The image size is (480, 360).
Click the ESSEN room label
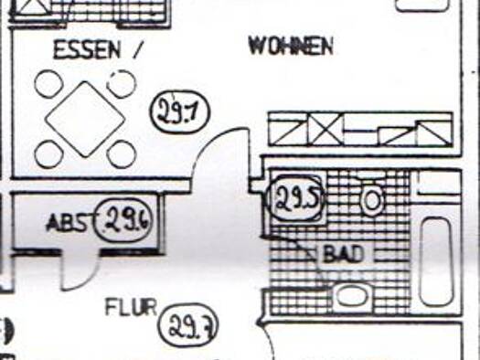click(x=87, y=50)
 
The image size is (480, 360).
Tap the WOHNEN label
click(x=291, y=47)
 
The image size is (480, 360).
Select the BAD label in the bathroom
click(x=343, y=255)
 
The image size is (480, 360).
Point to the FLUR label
click(x=131, y=307)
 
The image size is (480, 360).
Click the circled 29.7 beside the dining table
click(x=181, y=112)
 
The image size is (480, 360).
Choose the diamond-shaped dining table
click(x=85, y=119)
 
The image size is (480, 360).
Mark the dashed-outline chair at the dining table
click(x=122, y=84)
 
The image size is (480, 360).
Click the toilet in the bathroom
click(x=371, y=200)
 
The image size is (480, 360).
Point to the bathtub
click(x=436, y=261)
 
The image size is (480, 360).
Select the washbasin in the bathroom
click(x=353, y=295)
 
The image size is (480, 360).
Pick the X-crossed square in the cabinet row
click(x=326, y=130)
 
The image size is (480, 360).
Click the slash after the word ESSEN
click(x=137, y=50)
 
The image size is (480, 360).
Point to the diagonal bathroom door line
click(x=293, y=247)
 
